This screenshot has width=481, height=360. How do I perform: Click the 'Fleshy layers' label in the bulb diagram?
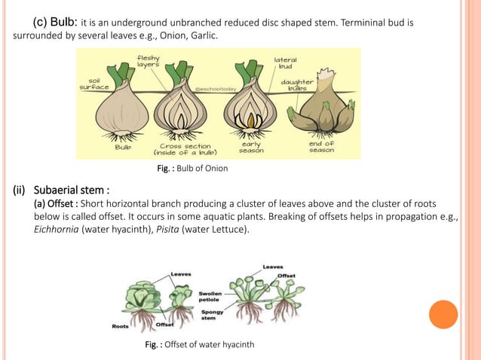(x=148, y=61)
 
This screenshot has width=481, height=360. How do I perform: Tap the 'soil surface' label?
(x=95, y=84)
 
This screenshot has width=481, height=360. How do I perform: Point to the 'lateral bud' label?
(x=285, y=63)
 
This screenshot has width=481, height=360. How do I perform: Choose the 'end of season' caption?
(x=321, y=146)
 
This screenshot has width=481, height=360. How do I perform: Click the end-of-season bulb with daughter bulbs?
(x=320, y=113)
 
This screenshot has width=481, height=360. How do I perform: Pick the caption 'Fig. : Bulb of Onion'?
(x=192, y=168)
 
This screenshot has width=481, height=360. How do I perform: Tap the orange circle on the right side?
(x=443, y=315)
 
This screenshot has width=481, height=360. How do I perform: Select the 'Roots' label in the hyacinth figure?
(x=119, y=327)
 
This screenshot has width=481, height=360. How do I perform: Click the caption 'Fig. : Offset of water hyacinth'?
(x=200, y=345)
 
